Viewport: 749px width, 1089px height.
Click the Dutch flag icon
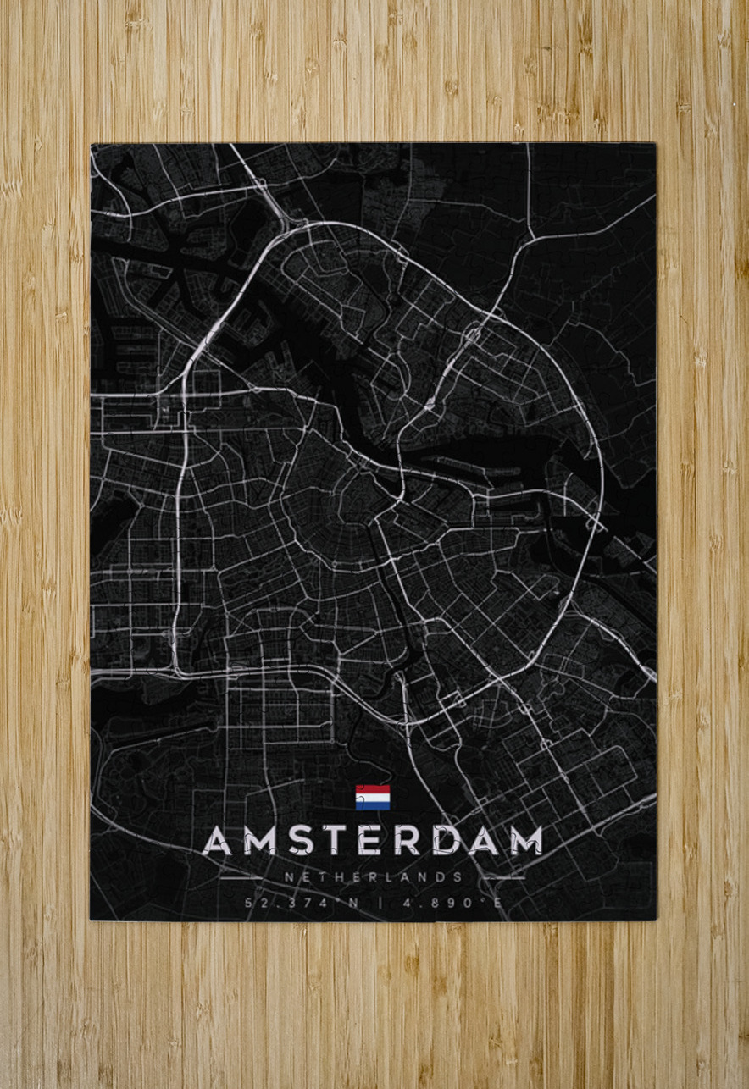pos(373,797)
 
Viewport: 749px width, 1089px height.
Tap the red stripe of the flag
pos(373,789)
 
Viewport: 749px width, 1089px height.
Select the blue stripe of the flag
pos(373,805)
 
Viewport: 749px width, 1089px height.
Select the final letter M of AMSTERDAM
pos(525,840)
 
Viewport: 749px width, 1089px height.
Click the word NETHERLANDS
pos(374,878)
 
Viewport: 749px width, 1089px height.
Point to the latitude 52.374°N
pos(302,903)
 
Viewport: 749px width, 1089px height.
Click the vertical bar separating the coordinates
pos(380,903)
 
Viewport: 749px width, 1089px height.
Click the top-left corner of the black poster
pos(92,144)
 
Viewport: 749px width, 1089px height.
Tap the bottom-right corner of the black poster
pos(656,920)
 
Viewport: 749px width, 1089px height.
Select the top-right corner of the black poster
pos(656,144)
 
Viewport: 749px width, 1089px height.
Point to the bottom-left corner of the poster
pos(92,920)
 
